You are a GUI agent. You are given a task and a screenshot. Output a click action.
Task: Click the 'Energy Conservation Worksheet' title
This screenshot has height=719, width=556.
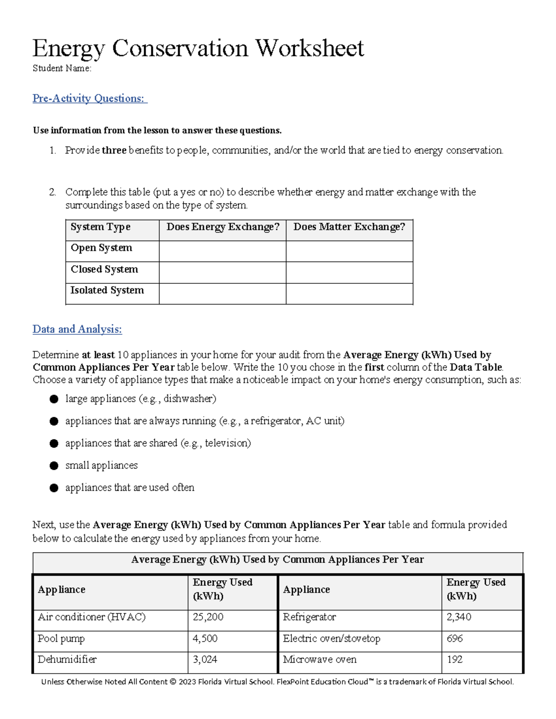point(198,49)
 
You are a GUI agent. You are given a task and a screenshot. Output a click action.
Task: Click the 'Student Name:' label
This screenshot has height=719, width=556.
point(62,69)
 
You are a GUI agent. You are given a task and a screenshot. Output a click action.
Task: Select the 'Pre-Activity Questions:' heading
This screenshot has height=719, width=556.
point(89,98)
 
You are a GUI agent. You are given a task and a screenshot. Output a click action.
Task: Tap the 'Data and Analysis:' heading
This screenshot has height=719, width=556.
point(77,329)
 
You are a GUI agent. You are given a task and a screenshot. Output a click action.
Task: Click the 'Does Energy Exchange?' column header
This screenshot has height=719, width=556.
point(223,227)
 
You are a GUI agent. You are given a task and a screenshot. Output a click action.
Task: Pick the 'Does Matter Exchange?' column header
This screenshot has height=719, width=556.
point(349,227)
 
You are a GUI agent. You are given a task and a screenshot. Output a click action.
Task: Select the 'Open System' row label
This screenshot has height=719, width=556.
point(101,248)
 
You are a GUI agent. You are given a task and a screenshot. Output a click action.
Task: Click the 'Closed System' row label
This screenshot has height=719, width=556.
point(104,269)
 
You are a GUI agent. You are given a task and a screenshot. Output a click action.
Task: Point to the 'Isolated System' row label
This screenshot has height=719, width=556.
point(107,290)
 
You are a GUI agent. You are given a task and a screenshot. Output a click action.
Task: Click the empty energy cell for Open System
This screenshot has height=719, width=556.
point(222,251)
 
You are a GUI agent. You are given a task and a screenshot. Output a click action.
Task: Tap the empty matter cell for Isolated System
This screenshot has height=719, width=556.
point(349,294)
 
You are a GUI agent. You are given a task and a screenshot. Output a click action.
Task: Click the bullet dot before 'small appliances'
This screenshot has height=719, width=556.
point(54,466)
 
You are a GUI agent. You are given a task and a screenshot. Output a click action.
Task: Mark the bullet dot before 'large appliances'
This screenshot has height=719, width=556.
point(54,399)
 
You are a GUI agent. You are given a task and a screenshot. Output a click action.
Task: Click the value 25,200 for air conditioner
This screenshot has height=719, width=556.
point(208,617)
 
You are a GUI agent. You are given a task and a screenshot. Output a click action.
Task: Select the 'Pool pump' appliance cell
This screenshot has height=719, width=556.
point(61,638)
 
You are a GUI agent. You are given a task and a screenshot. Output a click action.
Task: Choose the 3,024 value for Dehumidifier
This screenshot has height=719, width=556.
point(205,660)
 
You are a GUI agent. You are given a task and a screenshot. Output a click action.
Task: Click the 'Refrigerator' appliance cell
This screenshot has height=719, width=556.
point(310,617)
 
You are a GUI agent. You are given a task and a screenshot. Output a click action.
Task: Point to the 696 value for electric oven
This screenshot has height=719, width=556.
point(455,638)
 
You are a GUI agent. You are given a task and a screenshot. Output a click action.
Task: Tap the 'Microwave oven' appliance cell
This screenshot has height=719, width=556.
point(320,660)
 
